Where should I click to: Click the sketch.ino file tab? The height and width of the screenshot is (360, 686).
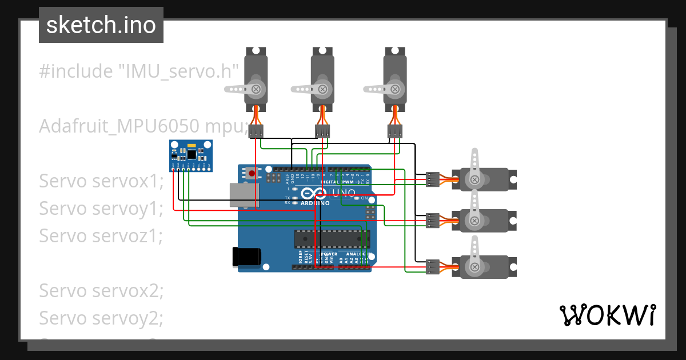101,25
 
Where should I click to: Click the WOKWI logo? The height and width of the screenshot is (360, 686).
607,315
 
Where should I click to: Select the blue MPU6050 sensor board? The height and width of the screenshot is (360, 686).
191,155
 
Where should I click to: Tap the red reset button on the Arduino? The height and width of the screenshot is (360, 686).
252,173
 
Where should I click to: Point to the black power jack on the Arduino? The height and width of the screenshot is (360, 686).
246,257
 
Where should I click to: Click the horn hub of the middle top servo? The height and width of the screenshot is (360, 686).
323,89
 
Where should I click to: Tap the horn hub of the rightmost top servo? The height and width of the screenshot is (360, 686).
394,89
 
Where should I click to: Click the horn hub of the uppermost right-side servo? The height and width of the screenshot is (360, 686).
474,179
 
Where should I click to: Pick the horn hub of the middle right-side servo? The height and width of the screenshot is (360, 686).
474,221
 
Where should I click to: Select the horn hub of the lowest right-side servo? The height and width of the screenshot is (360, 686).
474,267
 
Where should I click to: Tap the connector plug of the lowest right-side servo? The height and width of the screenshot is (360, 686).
433,266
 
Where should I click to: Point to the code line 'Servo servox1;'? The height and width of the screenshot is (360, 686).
101,181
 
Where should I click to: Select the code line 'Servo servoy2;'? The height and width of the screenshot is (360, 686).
101,318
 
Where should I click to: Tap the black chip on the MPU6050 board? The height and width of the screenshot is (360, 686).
192,153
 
